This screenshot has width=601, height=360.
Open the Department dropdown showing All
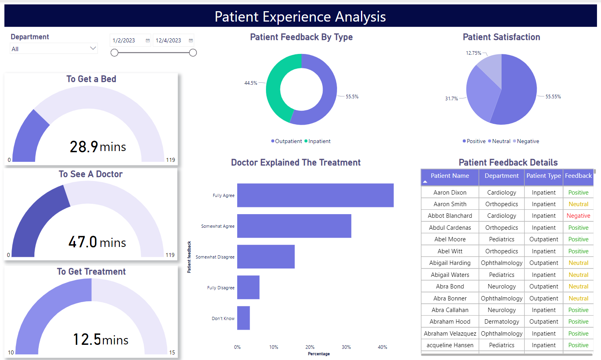coord(54,49)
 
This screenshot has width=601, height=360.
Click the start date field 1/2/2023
coord(127,40)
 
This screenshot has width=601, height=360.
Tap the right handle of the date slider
coord(193,53)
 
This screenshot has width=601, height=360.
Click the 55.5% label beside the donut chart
coord(352,97)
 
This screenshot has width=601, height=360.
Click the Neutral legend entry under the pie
coord(501,141)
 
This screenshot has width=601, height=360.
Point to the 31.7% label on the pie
coord(451,99)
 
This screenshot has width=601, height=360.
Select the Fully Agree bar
coord(315,195)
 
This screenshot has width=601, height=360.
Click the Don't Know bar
coord(243,318)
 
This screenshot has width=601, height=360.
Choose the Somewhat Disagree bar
coord(266,257)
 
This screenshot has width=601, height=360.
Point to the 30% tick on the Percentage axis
coord(346,347)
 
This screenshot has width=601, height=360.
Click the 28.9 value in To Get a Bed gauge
coord(84,147)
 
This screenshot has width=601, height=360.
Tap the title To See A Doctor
coord(91,174)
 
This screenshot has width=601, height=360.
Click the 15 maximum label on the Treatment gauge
coord(172,352)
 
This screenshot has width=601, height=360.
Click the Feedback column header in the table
coord(578,176)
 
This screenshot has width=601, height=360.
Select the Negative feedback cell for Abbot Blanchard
coord(578,216)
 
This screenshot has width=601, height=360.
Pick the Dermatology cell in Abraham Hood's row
coord(502,322)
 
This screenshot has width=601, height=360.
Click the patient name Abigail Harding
coord(450,263)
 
